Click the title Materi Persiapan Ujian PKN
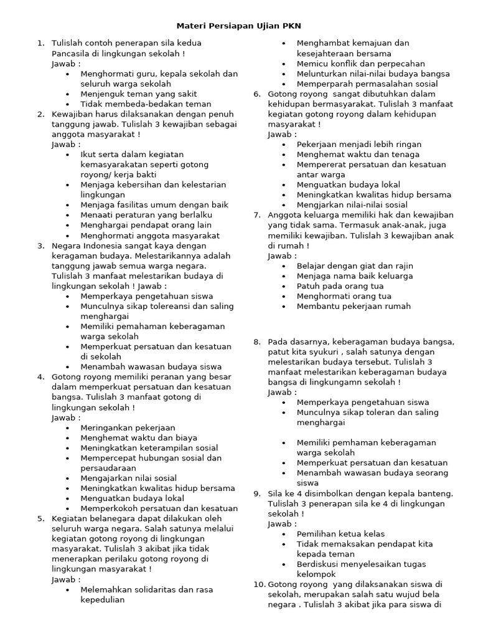[x=239, y=26]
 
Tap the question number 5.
[x=40, y=518]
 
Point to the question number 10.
[x=259, y=584]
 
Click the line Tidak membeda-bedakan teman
[x=146, y=104]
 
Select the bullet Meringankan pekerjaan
[x=128, y=428]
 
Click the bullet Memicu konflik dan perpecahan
[x=360, y=64]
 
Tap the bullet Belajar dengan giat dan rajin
[x=355, y=266]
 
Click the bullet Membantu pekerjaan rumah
[x=354, y=307]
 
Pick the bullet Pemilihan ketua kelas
[x=340, y=534]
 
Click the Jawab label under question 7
[x=282, y=255]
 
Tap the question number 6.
[x=256, y=94]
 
